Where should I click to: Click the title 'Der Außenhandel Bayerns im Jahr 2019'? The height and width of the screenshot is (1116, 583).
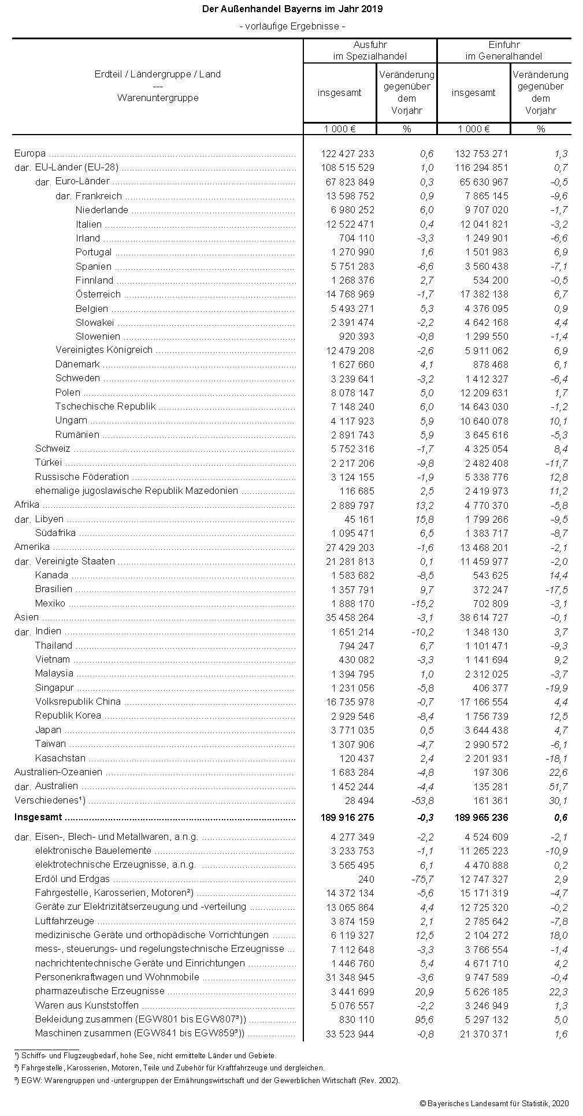tap(292, 10)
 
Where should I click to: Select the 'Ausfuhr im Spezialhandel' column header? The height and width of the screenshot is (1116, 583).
tap(370, 51)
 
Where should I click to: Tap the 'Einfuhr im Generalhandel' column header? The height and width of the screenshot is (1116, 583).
tap(504, 51)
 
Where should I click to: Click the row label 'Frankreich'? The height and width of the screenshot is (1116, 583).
tap(98, 196)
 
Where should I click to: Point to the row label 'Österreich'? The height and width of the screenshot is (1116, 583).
tap(98, 294)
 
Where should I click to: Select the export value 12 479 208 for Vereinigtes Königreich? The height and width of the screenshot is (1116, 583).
tap(347, 351)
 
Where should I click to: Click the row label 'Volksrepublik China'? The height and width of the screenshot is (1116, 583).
tap(78, 702)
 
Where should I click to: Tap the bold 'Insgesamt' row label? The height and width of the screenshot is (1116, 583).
tap(38, 817)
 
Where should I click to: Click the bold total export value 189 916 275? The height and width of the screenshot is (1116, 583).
tap(347, 817)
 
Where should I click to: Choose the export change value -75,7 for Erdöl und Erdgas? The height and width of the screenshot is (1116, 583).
tap(422, 879)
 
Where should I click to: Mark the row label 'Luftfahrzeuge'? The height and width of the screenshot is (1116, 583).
tap(64, 921)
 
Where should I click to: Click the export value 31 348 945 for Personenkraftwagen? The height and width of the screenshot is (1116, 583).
tap(350, 977)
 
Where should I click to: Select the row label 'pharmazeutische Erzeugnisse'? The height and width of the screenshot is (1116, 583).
tap(100, 991)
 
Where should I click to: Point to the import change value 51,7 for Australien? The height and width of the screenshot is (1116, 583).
tap(559, 787)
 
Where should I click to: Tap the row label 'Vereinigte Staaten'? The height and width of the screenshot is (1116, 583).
tap(75, 561)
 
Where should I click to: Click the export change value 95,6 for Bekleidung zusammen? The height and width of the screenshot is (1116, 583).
tap(424, 1020)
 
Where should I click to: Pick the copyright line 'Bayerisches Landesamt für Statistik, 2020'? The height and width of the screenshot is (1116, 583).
tap(494, 1103)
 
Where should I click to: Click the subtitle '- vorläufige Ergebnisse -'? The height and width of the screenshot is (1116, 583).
tap(292, 26)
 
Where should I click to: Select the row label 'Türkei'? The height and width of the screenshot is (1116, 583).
tap(49, 463)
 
